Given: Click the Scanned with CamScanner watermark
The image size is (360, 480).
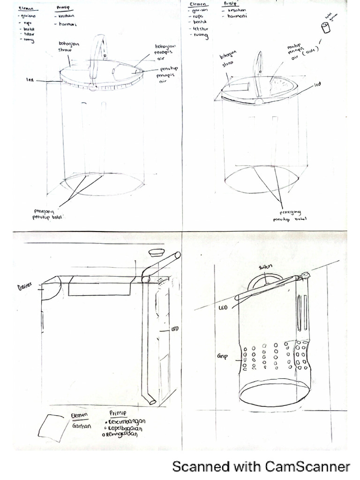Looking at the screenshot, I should [261, 466].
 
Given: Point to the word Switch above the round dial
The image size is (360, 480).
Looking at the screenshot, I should [265, 267].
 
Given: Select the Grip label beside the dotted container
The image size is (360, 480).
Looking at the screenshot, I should [222, 356].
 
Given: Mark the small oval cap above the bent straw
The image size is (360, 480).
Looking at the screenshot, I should [156, 253].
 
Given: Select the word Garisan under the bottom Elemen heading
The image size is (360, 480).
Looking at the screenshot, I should [80, 427].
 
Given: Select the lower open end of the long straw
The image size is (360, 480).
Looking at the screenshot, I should [151, 401].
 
